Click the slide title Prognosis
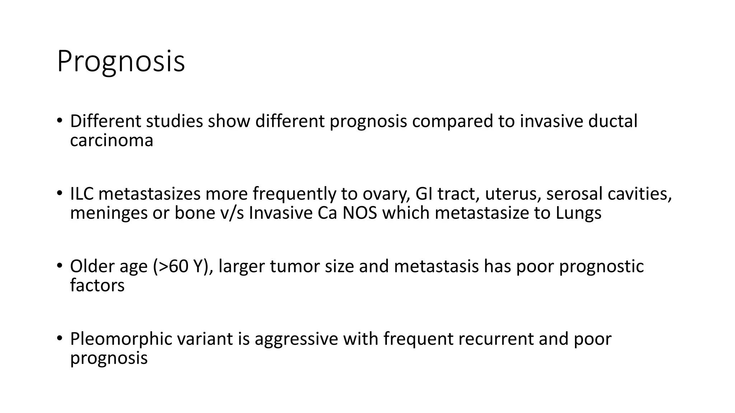[x=121, y=62]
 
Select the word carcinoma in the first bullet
[x=112, y=140]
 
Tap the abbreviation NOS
[x=360, y=213]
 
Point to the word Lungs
[x=579, y=213]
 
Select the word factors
[x=97, y=285]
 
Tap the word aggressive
[x=296, y=339]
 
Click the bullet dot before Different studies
[x=60, y=121]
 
